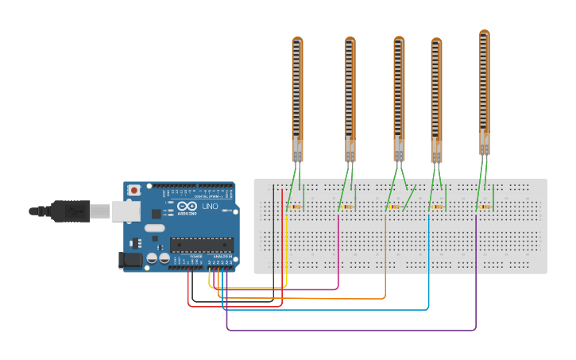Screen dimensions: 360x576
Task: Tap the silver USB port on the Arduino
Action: click(126, 211)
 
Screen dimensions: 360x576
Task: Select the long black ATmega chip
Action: click(202, 245)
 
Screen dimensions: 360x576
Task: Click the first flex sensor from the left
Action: click(297, 95)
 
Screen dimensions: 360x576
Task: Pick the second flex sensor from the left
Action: click(350, 95)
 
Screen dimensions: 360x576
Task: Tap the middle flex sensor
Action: click(399, 95)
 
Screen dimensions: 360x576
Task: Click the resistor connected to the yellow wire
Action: click(295, 207)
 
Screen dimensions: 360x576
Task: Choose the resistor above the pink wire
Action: click(347, 207)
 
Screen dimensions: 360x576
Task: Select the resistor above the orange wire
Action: click(395, 207)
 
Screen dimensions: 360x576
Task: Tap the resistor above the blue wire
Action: click(438, 207)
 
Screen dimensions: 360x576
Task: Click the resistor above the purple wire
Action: click(485, 207)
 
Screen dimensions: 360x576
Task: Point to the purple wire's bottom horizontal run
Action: click(350, 330)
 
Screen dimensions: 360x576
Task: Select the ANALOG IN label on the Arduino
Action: click(222, 257)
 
